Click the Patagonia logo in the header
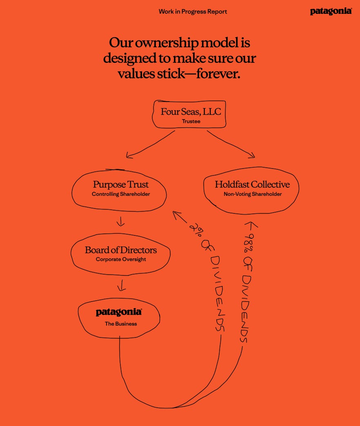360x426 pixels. click(331, 11)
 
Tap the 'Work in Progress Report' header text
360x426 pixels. click(193, 11)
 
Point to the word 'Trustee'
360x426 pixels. click(191, 121)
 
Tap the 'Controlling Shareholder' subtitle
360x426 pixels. click(121, 194)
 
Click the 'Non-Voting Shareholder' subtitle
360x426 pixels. click(253, 194)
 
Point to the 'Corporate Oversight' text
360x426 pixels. click(121, 260)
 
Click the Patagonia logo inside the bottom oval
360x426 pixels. click(119, 312)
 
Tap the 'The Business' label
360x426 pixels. click(121, 324)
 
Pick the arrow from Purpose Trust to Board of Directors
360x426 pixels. click(120, 221)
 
